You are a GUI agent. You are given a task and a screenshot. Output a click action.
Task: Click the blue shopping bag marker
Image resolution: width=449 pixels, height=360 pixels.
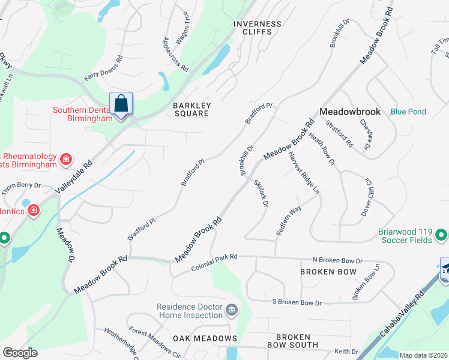[121, 103]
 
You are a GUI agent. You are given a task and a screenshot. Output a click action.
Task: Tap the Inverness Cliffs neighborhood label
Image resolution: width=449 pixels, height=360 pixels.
[258, 28]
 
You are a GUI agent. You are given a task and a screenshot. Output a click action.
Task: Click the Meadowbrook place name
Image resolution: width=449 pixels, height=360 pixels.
[350, 112]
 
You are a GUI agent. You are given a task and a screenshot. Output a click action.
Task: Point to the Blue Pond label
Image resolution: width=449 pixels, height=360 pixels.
[408, 112]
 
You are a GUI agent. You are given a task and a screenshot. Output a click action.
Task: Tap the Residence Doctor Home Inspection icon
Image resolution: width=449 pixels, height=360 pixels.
[231, 311]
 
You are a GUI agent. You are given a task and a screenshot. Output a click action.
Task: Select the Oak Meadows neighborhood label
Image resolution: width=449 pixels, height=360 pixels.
[205, 338]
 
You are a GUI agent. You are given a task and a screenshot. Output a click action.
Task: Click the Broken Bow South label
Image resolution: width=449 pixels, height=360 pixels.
[293, 341]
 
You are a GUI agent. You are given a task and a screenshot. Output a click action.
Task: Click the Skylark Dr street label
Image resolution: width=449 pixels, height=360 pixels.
[261, 194]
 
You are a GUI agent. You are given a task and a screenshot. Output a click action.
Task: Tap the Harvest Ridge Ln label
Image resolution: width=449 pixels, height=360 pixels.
[304, 172]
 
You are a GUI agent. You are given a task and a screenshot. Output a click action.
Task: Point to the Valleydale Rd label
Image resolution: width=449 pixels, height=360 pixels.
[74, 177]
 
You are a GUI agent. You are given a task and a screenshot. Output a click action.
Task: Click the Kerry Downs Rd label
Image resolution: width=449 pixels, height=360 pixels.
[103, 69]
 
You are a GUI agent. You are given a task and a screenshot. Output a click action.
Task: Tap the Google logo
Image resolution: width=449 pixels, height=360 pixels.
[20, 353]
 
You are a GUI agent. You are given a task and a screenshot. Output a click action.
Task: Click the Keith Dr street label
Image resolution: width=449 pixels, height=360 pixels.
[346, 352]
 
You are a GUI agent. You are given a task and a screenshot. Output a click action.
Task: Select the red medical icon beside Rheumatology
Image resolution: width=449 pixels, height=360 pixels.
[66, 160]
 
